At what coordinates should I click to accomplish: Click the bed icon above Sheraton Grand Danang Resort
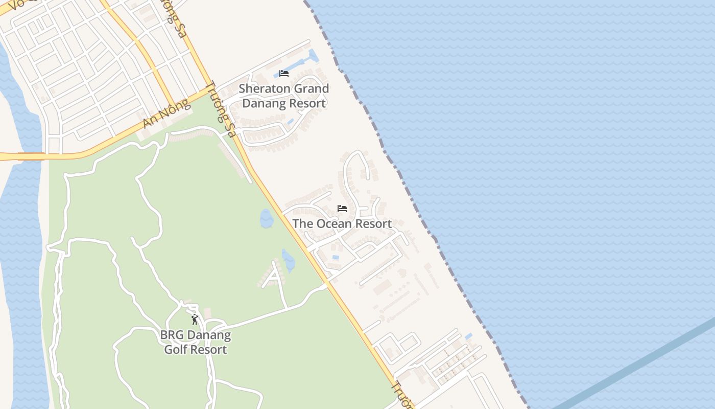point(284,74)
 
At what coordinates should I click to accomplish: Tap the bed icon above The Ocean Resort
point(342,209)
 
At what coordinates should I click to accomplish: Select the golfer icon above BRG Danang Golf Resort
point(195,320)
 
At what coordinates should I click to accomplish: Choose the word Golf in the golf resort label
point(176,350)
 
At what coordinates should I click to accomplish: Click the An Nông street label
point(166,114)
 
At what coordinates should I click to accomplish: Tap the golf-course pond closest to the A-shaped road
point(289,260)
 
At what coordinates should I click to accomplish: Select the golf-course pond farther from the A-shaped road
point(266,218)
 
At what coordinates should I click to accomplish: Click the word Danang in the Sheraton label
point(260,103)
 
